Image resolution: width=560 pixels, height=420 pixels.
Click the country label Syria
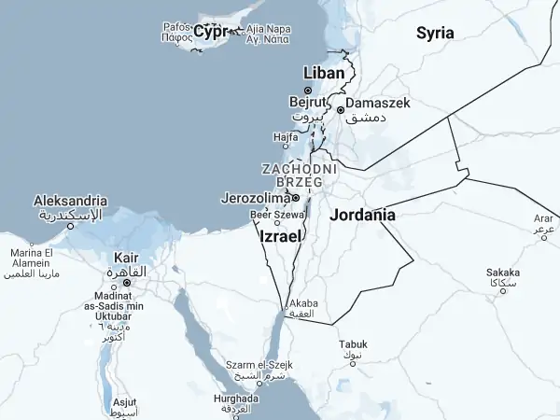point(435,33)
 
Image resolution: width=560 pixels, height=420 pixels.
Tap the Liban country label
point(325,73)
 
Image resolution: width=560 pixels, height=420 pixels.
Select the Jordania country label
point(362,215)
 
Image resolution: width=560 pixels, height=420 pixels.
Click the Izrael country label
point(280,237)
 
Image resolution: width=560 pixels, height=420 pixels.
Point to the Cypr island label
point(212,32)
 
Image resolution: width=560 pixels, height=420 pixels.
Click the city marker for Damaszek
point(341,109)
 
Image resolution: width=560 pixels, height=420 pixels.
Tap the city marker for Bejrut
point(309,91)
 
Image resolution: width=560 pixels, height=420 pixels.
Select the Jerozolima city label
point(254,198)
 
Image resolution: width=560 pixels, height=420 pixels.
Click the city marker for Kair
point(127,282)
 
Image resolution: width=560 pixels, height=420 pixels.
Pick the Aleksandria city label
point(70,201)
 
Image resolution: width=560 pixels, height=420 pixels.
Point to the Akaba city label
point(304,304)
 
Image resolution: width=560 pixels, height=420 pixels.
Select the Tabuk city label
point(353,344)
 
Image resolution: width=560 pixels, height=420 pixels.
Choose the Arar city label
point(543,218)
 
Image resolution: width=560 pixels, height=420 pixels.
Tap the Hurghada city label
point(236,399)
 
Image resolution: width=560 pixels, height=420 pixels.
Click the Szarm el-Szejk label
point(259,364)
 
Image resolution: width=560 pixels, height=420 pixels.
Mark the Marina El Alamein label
point(32,259)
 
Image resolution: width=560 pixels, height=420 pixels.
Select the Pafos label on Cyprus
point(175,28)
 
